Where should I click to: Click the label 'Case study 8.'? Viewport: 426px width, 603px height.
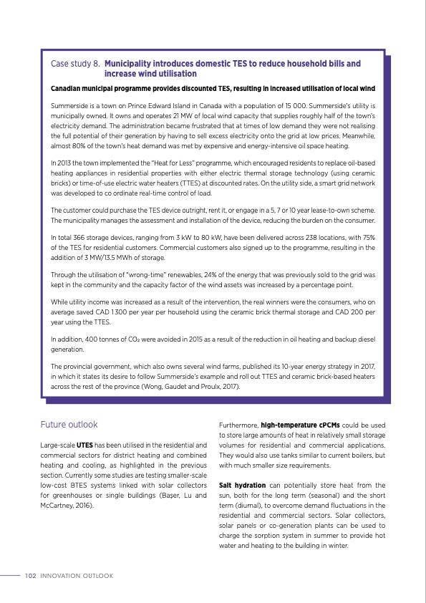click(75, 64)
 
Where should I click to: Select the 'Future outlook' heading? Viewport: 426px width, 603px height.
click(69, 425)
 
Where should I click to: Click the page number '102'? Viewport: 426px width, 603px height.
click(31, 575)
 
